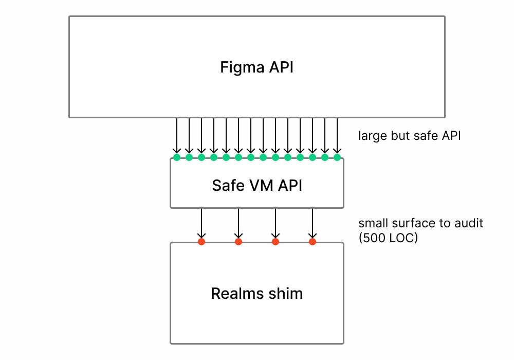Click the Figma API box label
coord(257,67)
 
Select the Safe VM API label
coord(257,185)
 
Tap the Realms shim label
coord(257,294)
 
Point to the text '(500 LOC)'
coord(388,238)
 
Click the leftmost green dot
coord(177,157)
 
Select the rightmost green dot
coord(337,157)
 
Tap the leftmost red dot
coord(201,241)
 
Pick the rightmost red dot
coord(312,241)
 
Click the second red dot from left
coord(238,241)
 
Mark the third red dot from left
coord(276,241)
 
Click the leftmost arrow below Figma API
coord(177,136)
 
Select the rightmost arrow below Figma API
coord(337,136)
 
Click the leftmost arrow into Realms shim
coord(201,224)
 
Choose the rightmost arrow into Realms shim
coord(312,224)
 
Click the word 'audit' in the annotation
coord(469,224)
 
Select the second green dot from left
coord(189,157)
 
